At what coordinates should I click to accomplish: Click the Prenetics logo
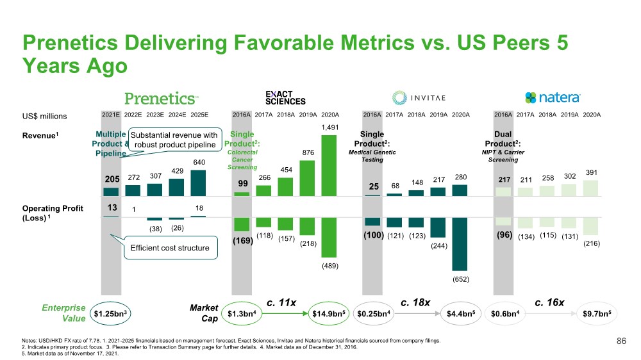[161, 98]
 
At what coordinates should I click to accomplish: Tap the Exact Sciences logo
[285, 97]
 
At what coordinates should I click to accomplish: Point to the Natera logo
[553, 97]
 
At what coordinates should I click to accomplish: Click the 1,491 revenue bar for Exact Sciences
[329, 165]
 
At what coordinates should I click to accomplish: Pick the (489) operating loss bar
[329, 237]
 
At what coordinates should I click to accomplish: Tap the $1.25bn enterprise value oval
[110, 314]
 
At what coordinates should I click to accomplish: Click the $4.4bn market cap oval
[460, 314]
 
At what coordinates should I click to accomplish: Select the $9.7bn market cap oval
[591, 314]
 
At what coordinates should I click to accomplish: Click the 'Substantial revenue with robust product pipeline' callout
[173, 140]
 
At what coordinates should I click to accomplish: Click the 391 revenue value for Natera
[591, 172]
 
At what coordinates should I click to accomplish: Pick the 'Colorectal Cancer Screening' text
[242, 160]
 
